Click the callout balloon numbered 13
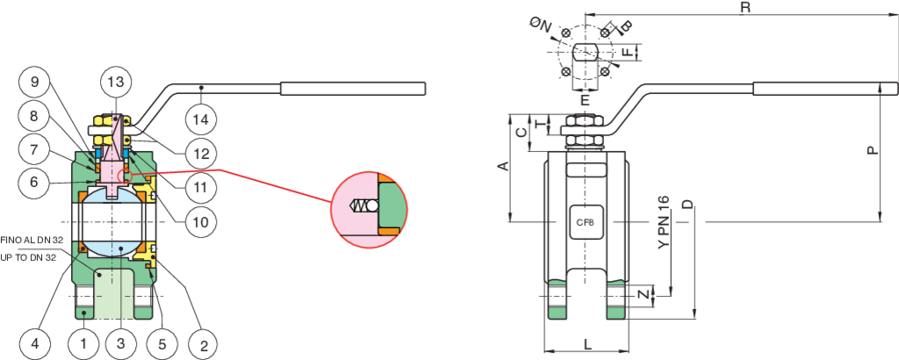pyautogui.click(x=116, y=83)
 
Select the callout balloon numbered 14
pyautogui.click(x=202, y=120)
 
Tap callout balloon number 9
pyautogui.click(x=34, y=83)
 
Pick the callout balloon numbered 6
pyautogui.click(x=34, y=183)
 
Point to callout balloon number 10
pyautogui.click(x=202, y=220)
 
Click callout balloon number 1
pyautogui.click(x=83, y=344)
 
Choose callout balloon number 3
pyautogui.click(x=121, y=344)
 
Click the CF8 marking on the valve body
pyautogui.click(x=585, y=222)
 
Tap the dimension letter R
pyautogui.click(x=745, y=7)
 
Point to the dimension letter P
pyautogui.click(x=871, y=150)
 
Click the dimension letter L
pyautogui.click(x=587, y=344)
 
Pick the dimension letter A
pyautogui.click(x=503, y=166)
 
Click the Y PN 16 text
pyautogui.click(x=664, y=222)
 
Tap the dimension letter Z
pyautogui.click(x=645, y=295)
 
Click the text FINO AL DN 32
pyautogui.click(x=32, y=241)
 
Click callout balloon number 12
pyautogui.click(x=202, y=153)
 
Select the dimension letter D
pyautogui.click(x=687, y=205)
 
